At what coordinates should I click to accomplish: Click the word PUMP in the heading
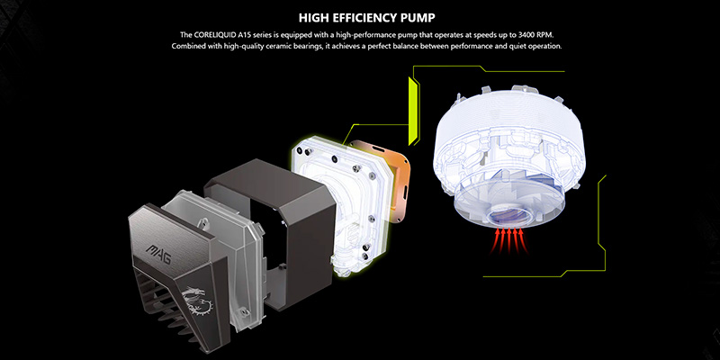418,18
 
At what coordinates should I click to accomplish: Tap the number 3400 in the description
526,35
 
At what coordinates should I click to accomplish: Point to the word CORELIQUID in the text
214,35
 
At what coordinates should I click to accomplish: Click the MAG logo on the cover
159,256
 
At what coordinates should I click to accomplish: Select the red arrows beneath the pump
508,240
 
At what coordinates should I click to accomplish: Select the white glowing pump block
345,202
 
